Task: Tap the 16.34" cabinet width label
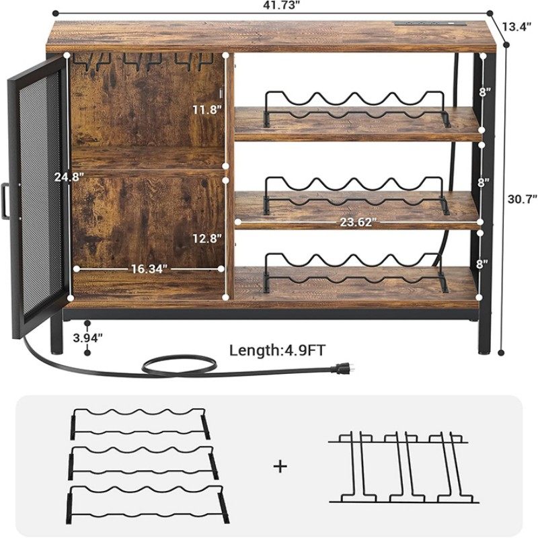click(x=149, y=268)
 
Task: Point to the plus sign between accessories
click(x=280, y=465)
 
